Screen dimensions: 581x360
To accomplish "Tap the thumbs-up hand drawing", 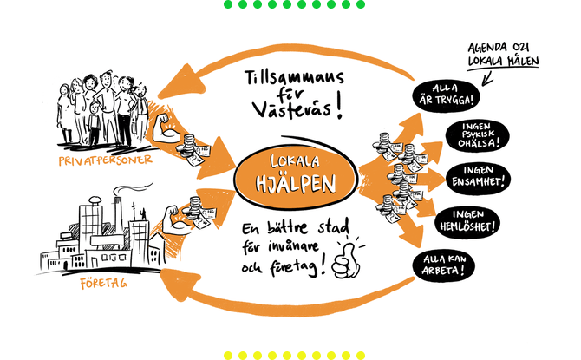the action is pyautogui.click(x=350, y=257).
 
